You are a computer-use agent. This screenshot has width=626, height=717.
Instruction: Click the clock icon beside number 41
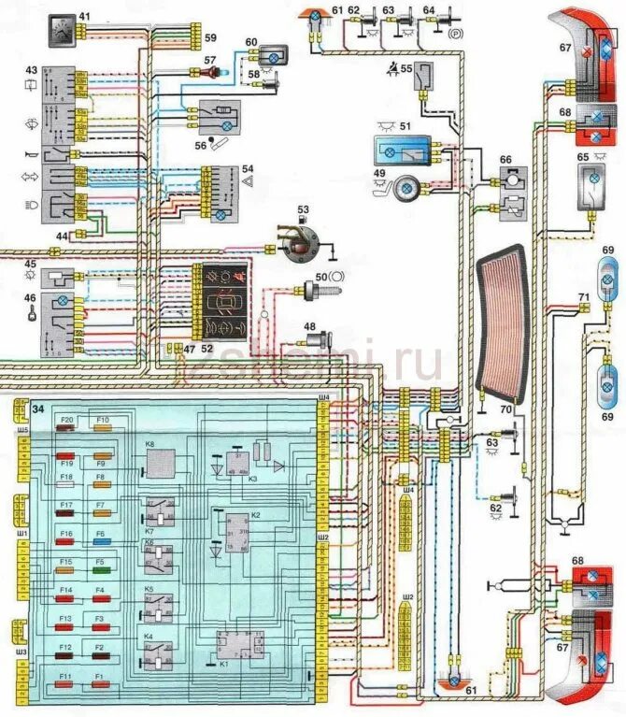coord(62,21)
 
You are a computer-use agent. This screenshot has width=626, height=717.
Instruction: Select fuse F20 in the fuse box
coord(66,431)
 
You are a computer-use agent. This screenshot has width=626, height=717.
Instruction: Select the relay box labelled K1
coord(237,645)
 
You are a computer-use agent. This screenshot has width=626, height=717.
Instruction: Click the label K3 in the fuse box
coord(251,479)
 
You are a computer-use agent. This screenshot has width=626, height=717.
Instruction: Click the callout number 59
coord(211,38)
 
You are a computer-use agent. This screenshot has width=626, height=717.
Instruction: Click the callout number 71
coord(583,298)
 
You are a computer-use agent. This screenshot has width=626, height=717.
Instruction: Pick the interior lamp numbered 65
coord(591,183)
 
